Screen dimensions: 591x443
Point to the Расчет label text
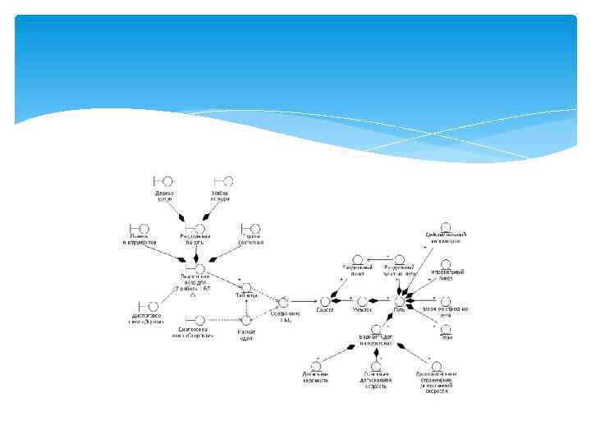click(245, 333)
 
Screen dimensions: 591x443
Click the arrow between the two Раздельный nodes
click(371, 259)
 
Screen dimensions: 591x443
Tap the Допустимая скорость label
click(376, 377)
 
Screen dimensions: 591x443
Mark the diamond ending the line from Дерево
click(182, 217)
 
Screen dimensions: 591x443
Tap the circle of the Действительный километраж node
click(446, 227)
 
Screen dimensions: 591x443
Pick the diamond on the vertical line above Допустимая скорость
click(377, 352)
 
